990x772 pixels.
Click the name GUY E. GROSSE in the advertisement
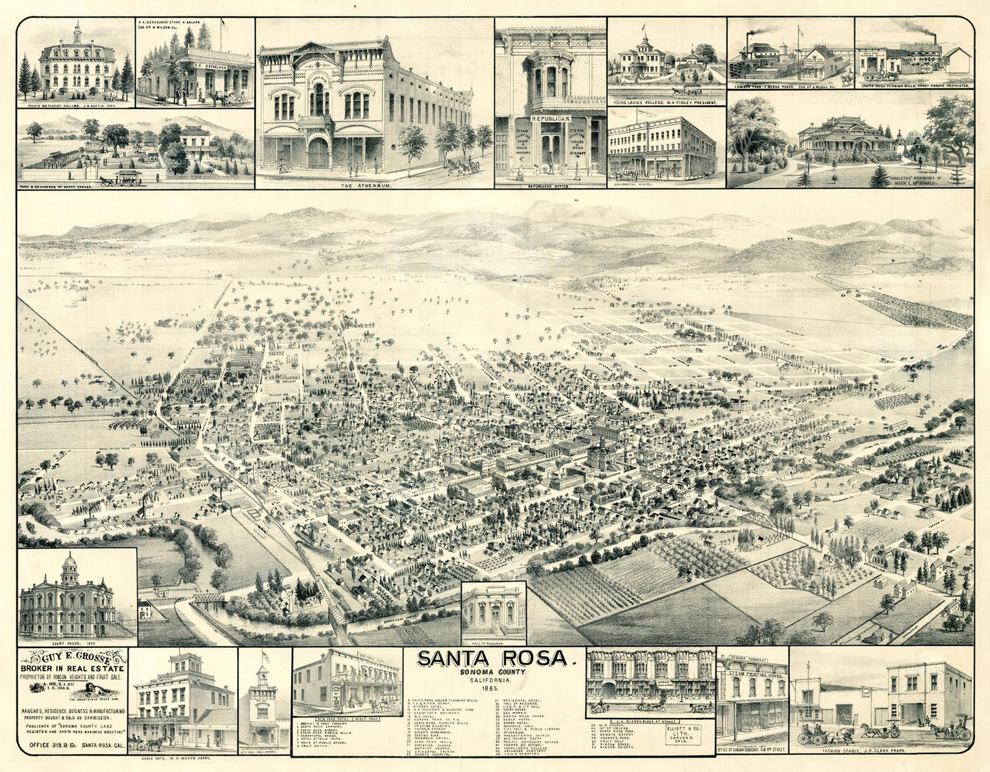72,656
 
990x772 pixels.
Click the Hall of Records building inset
493,609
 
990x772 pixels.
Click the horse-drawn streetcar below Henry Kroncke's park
127,177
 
